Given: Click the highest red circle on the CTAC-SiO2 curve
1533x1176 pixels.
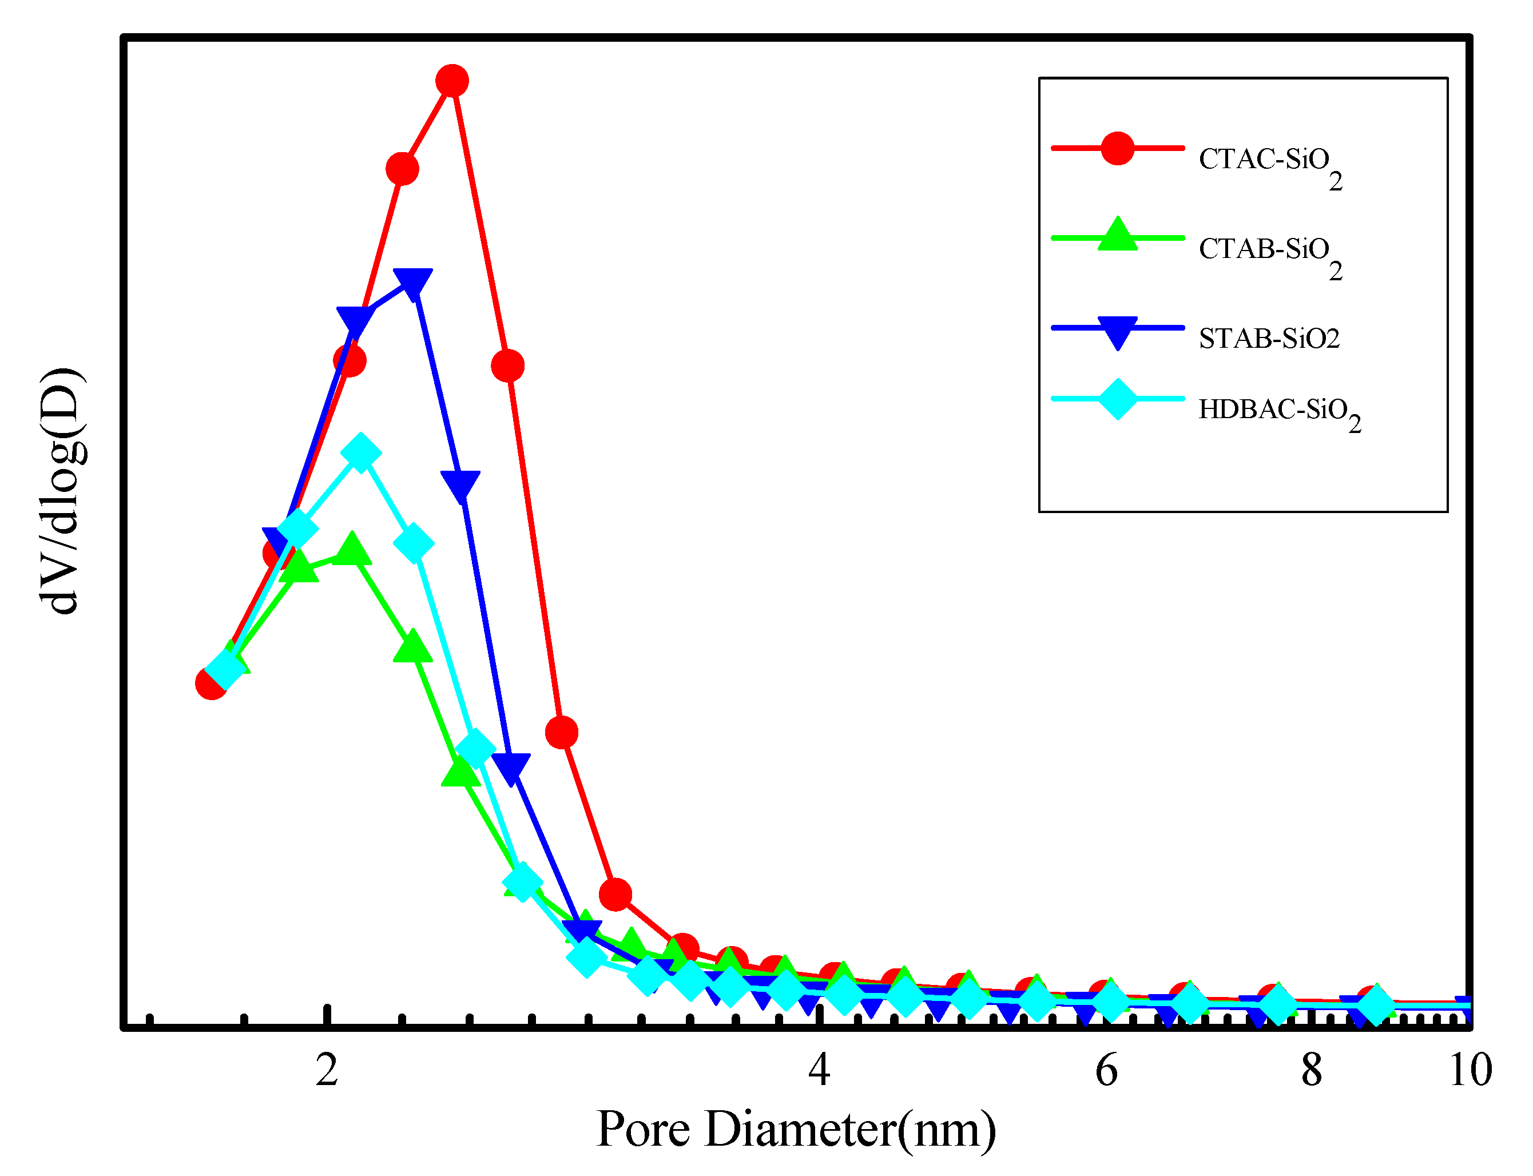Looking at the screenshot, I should pos(452,81).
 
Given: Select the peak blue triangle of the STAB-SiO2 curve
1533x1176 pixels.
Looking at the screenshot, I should pos(413,283).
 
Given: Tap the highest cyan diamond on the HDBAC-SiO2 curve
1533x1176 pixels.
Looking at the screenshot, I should pos(360,452).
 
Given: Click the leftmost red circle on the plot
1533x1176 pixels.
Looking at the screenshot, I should pos(211,682).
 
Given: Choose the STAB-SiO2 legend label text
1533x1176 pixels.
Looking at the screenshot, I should pos(1268,339).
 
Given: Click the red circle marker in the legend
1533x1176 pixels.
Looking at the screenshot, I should pos(1117,148).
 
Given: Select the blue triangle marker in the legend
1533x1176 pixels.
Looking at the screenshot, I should pos(1117,331).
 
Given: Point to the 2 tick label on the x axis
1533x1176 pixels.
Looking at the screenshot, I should pos(327,1070).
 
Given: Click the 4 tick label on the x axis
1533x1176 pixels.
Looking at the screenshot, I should pos(819,1070).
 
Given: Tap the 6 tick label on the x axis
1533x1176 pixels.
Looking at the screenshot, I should pos(1106,1070).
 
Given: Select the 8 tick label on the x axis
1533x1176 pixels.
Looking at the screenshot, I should pos(1311,1070).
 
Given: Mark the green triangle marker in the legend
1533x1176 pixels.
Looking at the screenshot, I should pos(1117,235).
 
